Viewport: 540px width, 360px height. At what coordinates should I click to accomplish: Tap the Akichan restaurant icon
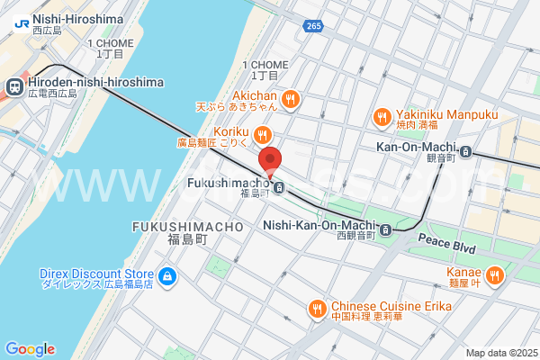(290, 99)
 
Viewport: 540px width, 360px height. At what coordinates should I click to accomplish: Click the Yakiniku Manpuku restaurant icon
(382, 116)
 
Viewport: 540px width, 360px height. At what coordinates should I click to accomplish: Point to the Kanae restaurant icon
(493, 275)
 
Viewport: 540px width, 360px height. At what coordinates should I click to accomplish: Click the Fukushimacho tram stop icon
(280, 188)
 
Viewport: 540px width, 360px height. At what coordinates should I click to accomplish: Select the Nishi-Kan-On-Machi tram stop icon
(385, 229)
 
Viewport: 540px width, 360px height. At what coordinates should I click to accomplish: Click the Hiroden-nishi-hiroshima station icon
(14, 86)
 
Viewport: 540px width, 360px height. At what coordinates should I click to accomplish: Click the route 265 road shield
(311, 26)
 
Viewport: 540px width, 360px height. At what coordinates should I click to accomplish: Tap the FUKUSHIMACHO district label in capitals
(187, 228)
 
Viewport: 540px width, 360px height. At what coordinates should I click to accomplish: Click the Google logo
(30, 349)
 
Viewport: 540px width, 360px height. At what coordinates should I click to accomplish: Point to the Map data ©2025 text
(500, 353)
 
